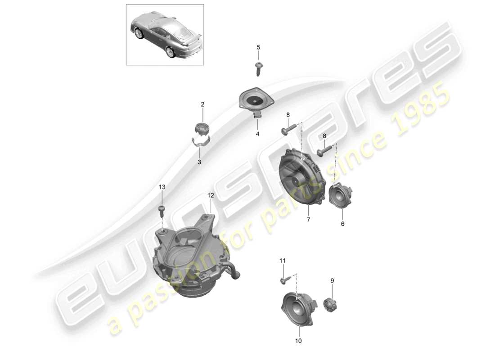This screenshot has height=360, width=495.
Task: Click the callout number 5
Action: click(258, 47)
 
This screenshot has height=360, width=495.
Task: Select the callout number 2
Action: click(202, 104)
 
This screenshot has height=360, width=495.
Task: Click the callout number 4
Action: click(258, 134)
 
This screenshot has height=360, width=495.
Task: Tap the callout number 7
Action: click(308, 220)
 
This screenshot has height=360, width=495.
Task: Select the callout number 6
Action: click(342, 223)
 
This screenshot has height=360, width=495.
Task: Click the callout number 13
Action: click(162, 187)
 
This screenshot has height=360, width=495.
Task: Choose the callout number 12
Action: click(211, 195)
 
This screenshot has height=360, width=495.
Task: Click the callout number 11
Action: click(283, 261)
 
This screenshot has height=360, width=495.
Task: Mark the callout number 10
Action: click(298, 341)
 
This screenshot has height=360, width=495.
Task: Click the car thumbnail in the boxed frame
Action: click(165, 35)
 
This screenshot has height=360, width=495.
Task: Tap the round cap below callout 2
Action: click(202, 128)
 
